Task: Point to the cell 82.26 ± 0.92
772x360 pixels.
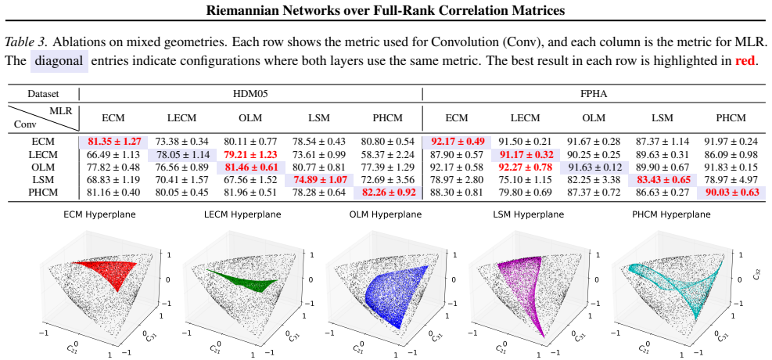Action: coord(389,193)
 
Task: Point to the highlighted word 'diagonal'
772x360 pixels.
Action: coord(59,62)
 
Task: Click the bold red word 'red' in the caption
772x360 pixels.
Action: coord(745,62)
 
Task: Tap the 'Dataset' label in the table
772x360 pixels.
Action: coord(42,94)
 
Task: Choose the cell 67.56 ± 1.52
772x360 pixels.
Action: coord(251,180)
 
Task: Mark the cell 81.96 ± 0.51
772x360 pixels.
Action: coord(251,193)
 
